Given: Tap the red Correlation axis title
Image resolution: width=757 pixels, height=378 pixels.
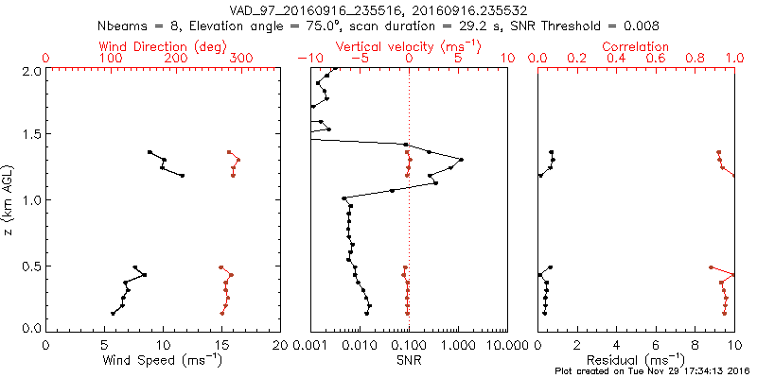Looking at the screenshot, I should (636, 46).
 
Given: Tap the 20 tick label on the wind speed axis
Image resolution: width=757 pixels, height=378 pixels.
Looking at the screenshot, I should (280, 346).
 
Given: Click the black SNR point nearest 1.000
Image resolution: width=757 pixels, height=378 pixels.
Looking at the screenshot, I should (461, 160).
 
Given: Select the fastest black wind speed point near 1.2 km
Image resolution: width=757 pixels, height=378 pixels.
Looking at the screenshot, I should (183, 176).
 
